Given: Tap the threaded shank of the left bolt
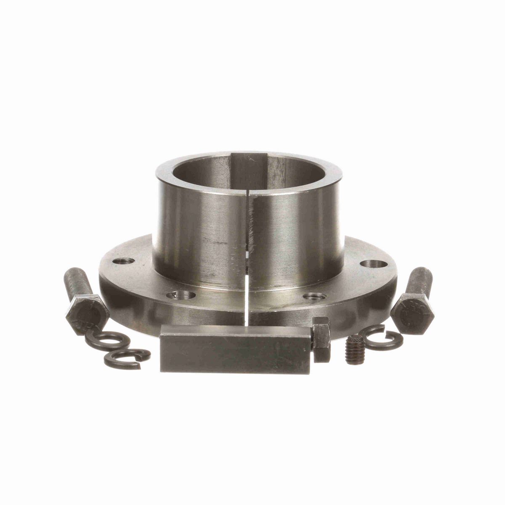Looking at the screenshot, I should click(x=74, y=284).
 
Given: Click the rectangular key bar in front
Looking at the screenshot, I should click(x=236, y=349).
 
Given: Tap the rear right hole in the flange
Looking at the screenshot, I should click(x=374, y=264).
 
